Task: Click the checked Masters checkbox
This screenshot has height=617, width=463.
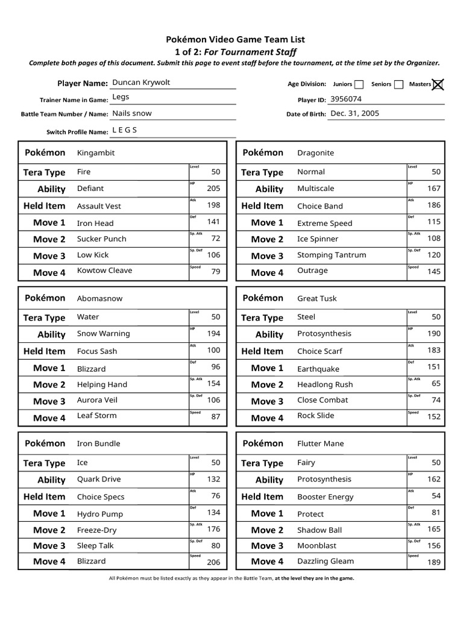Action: coord(438,84)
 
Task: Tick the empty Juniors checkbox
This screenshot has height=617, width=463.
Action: coord(359,84)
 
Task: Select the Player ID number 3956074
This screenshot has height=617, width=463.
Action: coord(347,99)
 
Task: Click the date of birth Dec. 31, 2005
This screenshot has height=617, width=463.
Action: coord(355,113)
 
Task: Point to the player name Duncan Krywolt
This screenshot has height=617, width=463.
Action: coord(141,83)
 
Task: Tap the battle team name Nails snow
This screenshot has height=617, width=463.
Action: coord(132,113)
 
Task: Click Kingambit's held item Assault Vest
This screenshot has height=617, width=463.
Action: coord(99,206)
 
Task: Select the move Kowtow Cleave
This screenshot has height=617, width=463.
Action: coord(104,271)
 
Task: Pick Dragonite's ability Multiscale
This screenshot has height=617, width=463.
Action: coord(315,189)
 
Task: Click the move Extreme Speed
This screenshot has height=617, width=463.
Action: coord(324,223)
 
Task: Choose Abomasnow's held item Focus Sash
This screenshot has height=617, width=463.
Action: coord(97,351)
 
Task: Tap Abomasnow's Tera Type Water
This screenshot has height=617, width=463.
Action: coord(88,317)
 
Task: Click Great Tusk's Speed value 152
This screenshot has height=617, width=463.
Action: coord(434,417)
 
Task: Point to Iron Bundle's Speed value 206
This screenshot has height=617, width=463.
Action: coord(213,562)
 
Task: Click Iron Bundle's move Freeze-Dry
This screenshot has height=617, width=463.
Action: coord(96,530)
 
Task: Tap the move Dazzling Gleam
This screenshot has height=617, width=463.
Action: coord(326,561)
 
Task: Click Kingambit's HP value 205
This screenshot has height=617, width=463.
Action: coord(213,189)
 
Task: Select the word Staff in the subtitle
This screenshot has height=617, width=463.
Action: coord(285,52)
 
